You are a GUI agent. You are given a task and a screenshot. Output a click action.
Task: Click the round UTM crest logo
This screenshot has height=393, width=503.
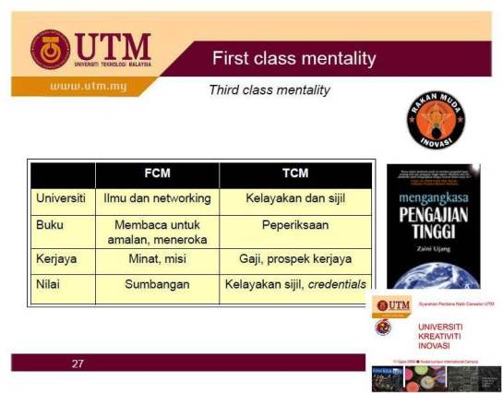[x=50, y=50]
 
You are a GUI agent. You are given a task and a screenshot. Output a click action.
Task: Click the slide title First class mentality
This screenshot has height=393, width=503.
[x=293, y=59]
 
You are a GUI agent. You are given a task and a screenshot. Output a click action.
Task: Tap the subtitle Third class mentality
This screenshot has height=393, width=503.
[x=269, y=90]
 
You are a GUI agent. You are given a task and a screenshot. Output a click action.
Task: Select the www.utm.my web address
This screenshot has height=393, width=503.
[x=87, y=87]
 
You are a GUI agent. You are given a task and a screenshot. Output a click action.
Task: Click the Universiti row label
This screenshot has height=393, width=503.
[x=61, y=198]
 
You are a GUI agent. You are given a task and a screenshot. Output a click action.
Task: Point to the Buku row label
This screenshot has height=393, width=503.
[x=50, y=225]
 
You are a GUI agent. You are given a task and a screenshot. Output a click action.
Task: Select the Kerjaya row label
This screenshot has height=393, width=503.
[x=56, y=259]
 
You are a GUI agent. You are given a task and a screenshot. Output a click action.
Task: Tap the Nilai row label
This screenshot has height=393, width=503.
[x=49, y=284]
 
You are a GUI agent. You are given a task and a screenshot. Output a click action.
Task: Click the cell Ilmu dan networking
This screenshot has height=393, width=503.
[x=157, y=198]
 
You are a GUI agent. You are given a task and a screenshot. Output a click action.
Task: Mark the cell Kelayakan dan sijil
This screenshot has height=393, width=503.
[x=295, y=198]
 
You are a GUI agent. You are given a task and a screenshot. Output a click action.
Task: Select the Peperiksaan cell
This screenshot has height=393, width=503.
[x=295, y=225]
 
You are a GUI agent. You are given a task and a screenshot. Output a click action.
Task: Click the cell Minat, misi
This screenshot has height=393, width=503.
[x=157, y=259]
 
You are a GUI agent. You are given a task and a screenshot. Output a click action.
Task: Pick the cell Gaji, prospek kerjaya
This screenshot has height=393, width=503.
[x=295, y=259]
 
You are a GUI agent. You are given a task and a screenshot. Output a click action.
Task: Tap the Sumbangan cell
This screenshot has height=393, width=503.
[x=157, y=284]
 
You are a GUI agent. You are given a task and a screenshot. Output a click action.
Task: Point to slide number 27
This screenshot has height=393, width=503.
[x=78, y=363]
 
